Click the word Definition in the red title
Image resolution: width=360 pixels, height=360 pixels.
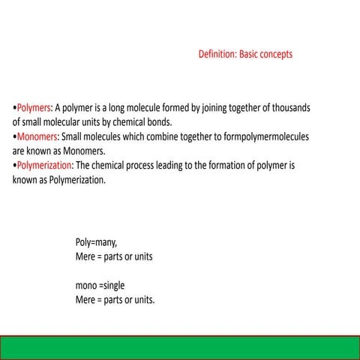tap(217, 55)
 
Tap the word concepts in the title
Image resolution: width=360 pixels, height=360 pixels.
tap(274, 55)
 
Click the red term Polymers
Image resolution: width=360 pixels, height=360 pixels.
tap(33, 107)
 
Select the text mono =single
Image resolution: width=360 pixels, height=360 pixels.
tap(100, 286)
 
